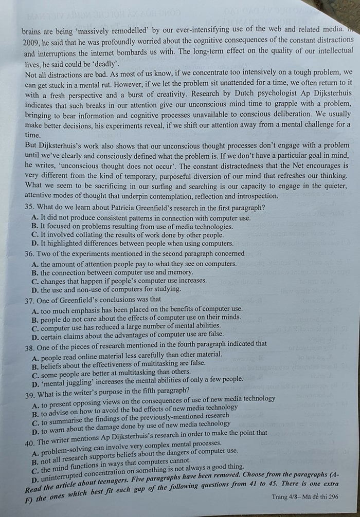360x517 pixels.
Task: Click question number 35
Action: click(x=29, y=208)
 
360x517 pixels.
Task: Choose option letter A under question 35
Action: click(x=34, y=217)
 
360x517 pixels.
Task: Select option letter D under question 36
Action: click(x=34, y=289)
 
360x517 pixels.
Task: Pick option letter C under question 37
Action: click(x=35, y=328)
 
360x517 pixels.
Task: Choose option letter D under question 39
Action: click(x=35, y=430)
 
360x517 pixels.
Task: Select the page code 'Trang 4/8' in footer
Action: click(x=286, y=496)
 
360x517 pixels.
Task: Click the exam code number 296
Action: click(x=333, y=496)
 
